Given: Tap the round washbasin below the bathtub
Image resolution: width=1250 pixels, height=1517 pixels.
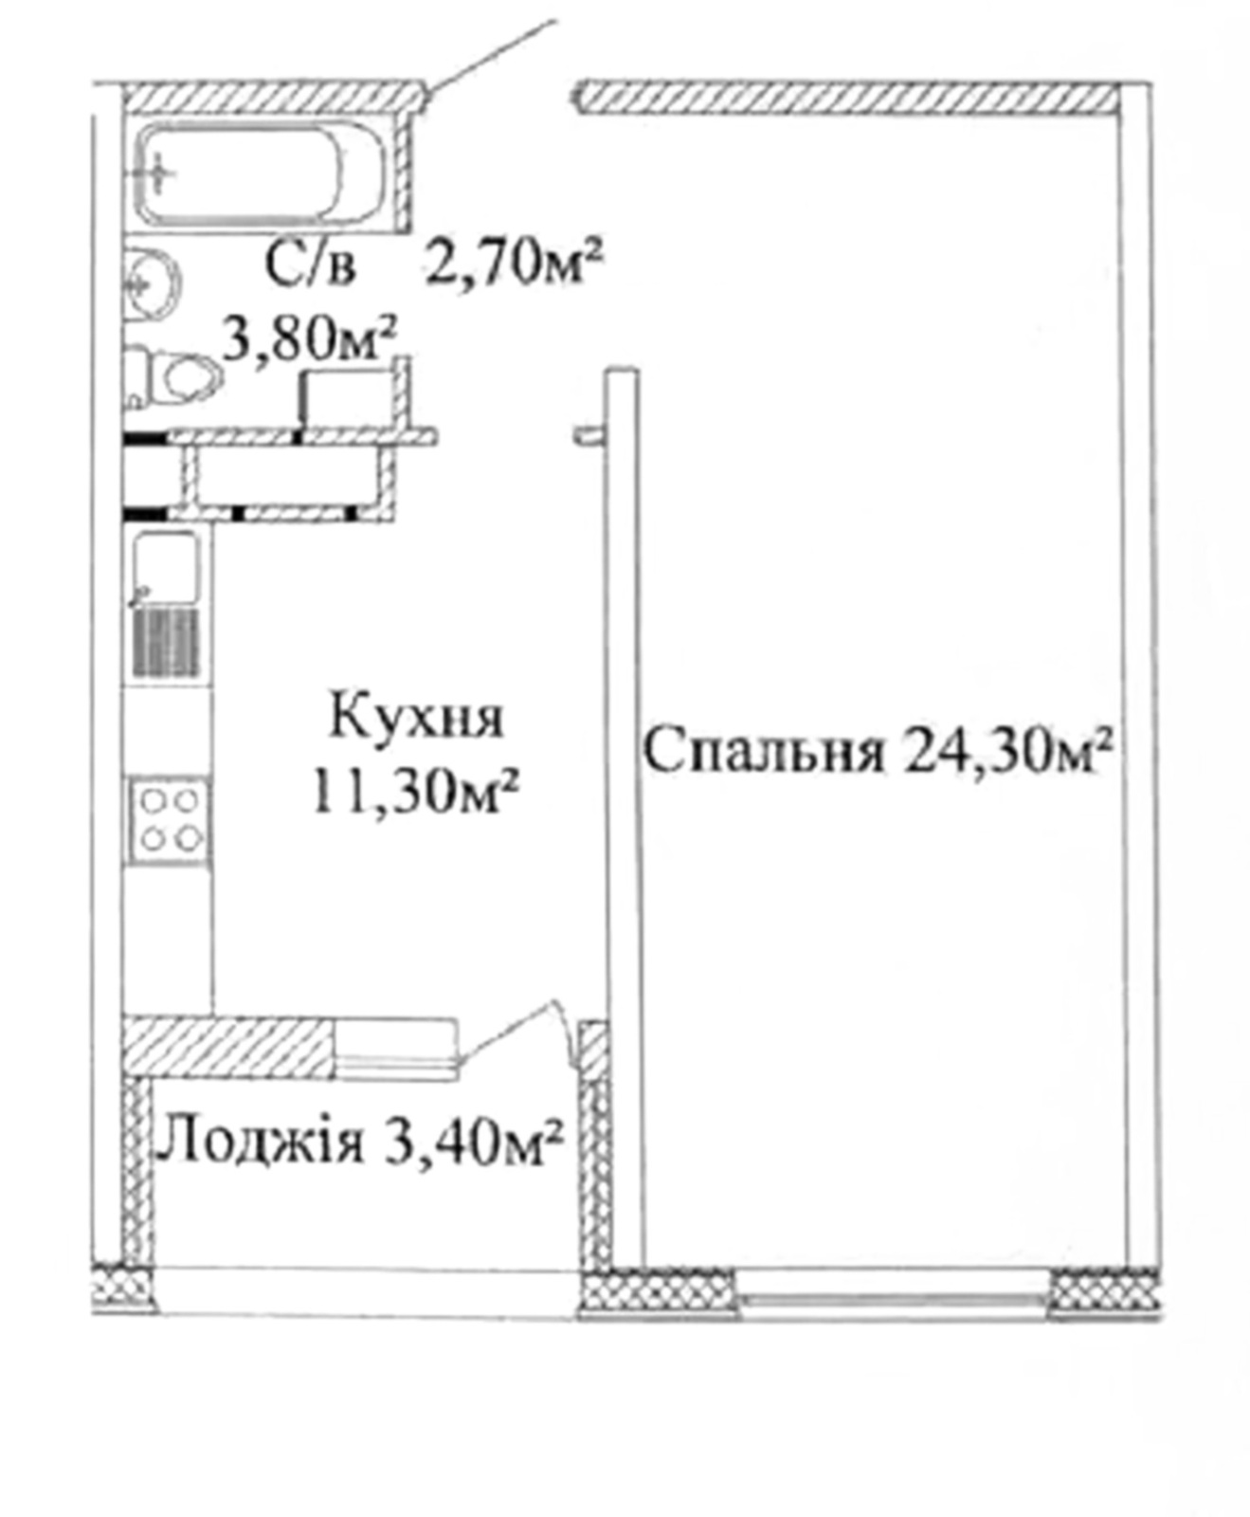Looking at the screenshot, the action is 153,283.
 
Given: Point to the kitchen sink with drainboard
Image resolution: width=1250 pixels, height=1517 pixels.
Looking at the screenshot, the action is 168,603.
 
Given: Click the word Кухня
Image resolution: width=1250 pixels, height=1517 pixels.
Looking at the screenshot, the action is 416,718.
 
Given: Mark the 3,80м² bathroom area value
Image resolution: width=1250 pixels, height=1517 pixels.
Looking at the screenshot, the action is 309,338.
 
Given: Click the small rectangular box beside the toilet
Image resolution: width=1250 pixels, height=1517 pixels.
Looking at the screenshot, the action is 348,396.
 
